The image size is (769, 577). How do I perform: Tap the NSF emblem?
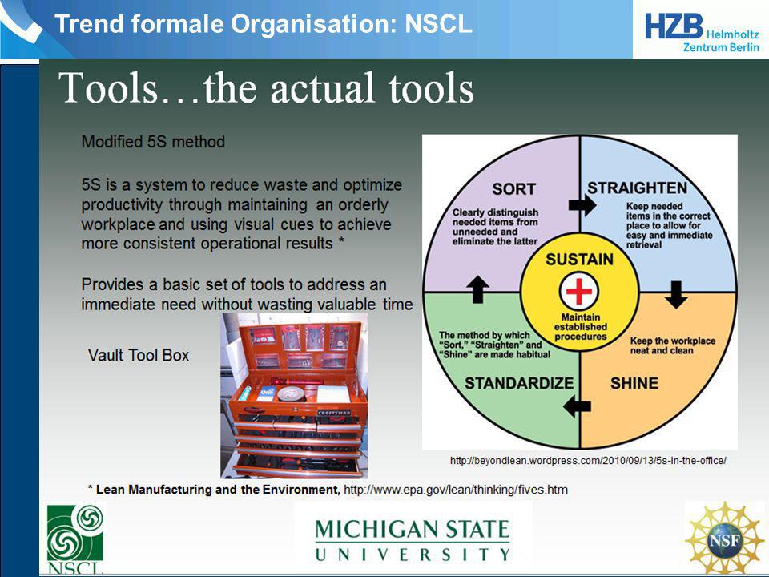click(724, 539)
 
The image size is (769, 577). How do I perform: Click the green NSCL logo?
click(75, 539)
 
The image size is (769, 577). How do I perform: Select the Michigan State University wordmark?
click(413, 540)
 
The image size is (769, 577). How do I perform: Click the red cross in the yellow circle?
click(579, 291)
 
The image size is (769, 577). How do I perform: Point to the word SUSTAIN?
click(579, 260)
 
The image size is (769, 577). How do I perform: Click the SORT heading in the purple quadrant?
click(513, 189)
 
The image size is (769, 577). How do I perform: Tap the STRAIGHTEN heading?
click(637, 188)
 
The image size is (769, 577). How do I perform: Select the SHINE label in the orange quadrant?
click(634, 383)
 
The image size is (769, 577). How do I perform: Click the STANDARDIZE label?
click(519, 383)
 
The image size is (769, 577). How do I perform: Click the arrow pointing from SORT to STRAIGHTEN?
click(582, 204)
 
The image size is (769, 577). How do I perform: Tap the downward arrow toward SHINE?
click(676, 294)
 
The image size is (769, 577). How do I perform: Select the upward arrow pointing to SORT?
click(477, 289)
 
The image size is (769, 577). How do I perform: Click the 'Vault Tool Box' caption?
click(139, 355)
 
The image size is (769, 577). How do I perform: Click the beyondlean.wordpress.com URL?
click(588, 461)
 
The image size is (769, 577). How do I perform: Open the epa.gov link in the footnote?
click(456, 490)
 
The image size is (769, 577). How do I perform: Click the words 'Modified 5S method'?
click(153, 142)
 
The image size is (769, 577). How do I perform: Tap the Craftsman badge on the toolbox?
click(334, 413)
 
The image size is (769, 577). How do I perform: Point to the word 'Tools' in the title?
click(109, 87)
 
